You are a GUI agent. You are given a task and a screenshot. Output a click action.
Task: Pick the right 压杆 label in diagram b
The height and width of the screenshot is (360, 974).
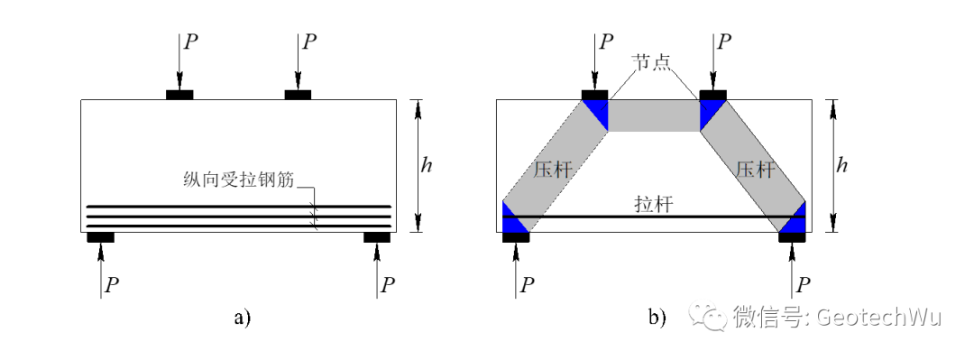(x=755, y=170)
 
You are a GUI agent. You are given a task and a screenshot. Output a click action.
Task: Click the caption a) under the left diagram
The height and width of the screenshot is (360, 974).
(x=242, y=318)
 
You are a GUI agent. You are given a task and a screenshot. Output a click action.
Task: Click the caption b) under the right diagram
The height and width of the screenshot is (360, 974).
(x=657, y=318)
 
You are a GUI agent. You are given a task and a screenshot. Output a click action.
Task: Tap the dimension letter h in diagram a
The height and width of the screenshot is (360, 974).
(x=427, y=165)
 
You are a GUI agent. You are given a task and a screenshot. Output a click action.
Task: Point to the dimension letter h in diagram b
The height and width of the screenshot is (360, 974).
(x=841, y=165)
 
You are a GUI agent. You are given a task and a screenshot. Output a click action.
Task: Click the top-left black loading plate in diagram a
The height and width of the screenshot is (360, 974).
(x=179, y=95)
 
